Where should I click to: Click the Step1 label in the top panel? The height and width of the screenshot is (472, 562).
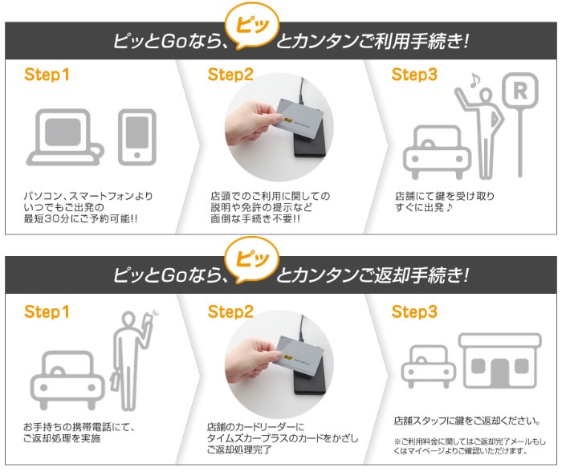pos(47,75)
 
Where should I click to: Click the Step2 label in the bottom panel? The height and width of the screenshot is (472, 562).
pos(230,311)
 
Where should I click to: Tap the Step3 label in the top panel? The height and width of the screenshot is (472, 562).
pos(414,75)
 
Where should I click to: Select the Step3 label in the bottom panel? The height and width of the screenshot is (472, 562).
pos(414,311)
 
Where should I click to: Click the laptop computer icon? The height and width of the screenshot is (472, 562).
pos(65,137)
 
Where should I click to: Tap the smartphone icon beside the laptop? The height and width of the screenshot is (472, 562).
pos(137,137)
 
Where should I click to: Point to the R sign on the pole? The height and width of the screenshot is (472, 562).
pos(520,91)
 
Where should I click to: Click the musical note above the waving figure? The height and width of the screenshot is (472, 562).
pos(474,80)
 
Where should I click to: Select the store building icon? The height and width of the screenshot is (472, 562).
pos(500,361)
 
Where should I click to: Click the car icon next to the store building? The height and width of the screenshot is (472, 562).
pos(428,366)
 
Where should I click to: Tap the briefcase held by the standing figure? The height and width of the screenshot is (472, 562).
pos(116,382)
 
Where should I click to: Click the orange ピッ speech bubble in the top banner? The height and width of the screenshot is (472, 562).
pos(252,31)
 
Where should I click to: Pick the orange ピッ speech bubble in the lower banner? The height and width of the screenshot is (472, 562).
pos(252,261)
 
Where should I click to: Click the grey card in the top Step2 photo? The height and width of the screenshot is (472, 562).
pos(299,116)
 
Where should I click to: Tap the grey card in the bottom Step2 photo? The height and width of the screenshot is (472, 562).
pos(299,355)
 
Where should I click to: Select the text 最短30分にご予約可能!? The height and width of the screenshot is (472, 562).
pos(80,218)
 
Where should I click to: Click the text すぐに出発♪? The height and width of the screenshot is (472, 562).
pos(424,207)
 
